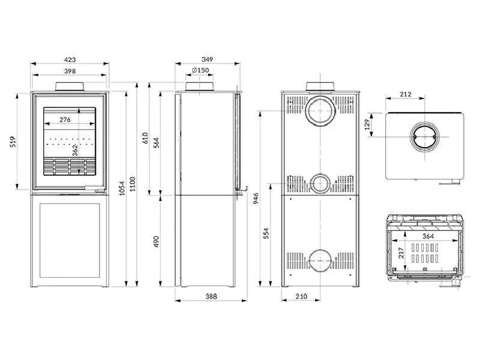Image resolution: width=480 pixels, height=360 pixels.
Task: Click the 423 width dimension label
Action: pyautogui.click(x=70, y=60)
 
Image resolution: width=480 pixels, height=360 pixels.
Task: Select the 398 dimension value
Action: pyautogui.click(x=70, y=71)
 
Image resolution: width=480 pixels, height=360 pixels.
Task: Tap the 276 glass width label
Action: pyautogui.click(x=65, y=119)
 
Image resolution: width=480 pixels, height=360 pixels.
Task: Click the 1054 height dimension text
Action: pyautogui.click(x=123, y=189)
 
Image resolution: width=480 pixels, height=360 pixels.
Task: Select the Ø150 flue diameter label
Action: pyautogui.click(x=200, y=71)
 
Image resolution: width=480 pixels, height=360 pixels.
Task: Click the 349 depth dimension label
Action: pyautogui.click(x=207, y=60)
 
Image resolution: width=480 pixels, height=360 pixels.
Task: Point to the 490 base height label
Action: pyautogui.click(x=156, y=241)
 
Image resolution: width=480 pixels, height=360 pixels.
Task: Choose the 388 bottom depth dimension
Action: pyautogui.click(x=210, y=296)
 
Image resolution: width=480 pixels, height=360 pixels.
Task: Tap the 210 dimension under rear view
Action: pyautogui.click(x=301, y=296)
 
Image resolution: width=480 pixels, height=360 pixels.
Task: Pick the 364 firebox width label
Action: pyautogui.click(x=427, y=236)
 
